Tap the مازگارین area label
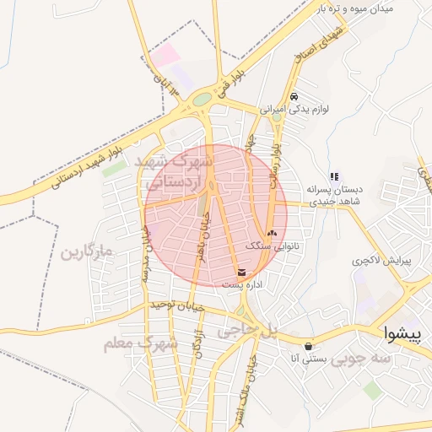(x=86, y=252)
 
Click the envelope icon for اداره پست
(x=243, y=273)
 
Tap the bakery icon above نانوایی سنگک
(x=271, y=233)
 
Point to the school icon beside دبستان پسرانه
(x=334, y=176)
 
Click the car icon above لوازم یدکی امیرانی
(x=294, y=96)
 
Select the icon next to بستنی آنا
(x=308, y=346)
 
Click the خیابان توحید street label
(x=176, y=306)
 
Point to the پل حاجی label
(x=248, y=332)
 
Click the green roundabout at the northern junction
(x=202, y=100)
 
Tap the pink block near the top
(x=165, y=57)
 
